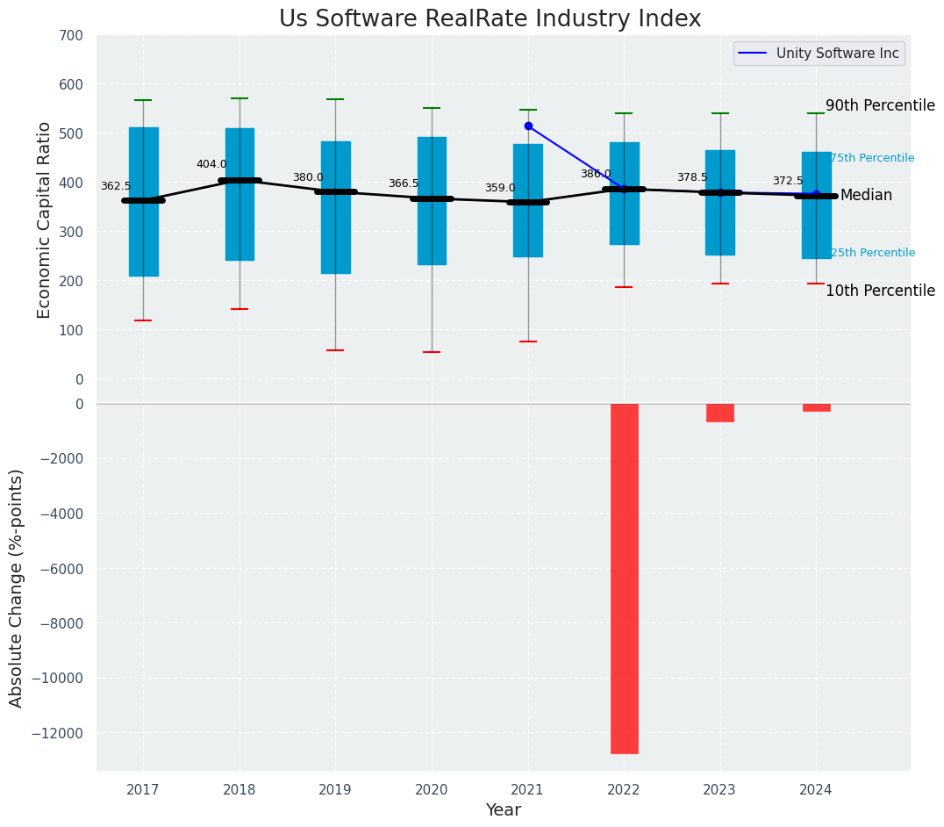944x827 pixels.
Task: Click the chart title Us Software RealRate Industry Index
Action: (x=490, y=19)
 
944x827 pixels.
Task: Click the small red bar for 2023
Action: (x=720, y=413)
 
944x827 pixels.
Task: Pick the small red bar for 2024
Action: (x=816, y=407)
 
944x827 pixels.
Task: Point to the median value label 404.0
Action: (x=211, y=164)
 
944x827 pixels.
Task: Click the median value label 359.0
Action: (x=500, y=188)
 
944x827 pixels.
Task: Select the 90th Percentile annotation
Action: (x=880, y=105)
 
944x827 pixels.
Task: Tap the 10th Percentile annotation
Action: (x=880, y=291)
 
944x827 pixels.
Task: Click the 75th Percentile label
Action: (x=872, y=158)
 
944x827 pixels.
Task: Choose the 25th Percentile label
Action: (x=872, y=253)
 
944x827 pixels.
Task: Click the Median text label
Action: (x=866, y=196)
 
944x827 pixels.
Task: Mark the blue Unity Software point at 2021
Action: (x=528, y=126)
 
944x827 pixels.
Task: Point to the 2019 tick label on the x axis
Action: (x=335, y=790)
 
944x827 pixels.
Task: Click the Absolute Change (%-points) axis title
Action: (x=17, y=587)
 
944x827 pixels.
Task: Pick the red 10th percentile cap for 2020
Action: (x=432, y=352)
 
